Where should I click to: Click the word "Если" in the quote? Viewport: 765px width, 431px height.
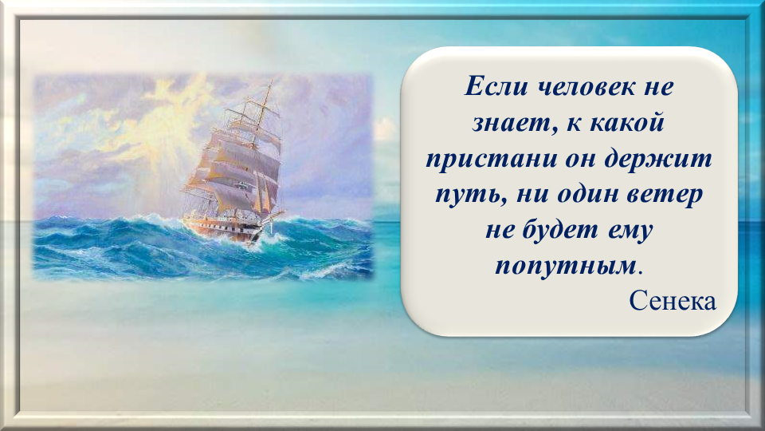(x=496, y=87)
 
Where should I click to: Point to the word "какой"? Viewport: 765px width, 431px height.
(x=627, y=122)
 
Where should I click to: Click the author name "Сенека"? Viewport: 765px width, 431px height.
(x=673, y=301)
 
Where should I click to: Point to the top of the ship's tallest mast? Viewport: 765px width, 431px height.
(x=270, y=81)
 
